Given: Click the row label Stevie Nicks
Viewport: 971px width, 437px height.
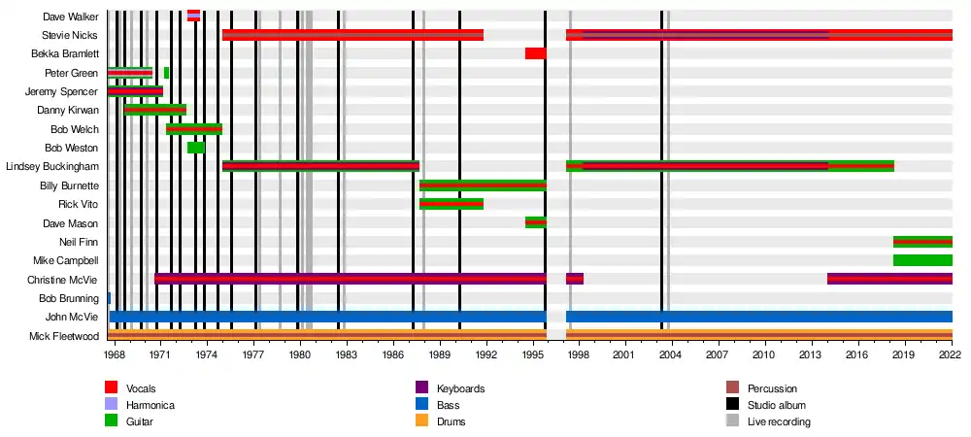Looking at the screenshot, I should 71,35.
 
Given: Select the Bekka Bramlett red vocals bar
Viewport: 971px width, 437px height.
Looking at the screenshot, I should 535,53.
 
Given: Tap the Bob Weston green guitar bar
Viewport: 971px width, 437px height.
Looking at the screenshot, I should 195,147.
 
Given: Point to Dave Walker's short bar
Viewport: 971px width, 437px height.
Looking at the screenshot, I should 193,16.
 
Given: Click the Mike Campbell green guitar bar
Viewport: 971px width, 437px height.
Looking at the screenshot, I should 921,260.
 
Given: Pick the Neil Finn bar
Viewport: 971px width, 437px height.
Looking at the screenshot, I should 921,241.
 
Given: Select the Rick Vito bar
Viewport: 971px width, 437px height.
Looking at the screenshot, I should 451,204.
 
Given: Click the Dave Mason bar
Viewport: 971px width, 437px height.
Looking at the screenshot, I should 535,222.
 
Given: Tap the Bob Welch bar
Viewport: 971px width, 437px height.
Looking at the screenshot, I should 193,128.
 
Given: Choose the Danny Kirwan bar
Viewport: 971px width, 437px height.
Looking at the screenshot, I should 154,110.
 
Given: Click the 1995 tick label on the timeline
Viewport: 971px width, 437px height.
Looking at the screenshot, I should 532,355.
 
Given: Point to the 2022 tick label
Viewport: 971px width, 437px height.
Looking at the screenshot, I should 950,355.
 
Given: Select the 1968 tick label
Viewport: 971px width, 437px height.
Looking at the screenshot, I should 115,355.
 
